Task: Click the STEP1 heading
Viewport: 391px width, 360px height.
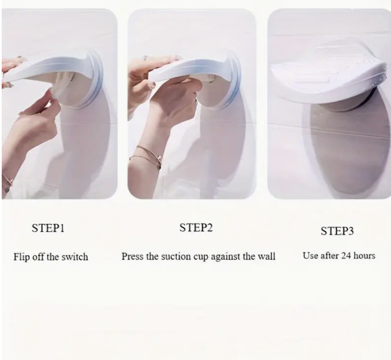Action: tap(48, 228)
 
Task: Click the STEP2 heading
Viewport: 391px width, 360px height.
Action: tap(196, 228)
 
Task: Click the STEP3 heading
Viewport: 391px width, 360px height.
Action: tap(337, 231)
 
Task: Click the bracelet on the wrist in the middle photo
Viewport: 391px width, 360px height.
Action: tap(146, 156)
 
